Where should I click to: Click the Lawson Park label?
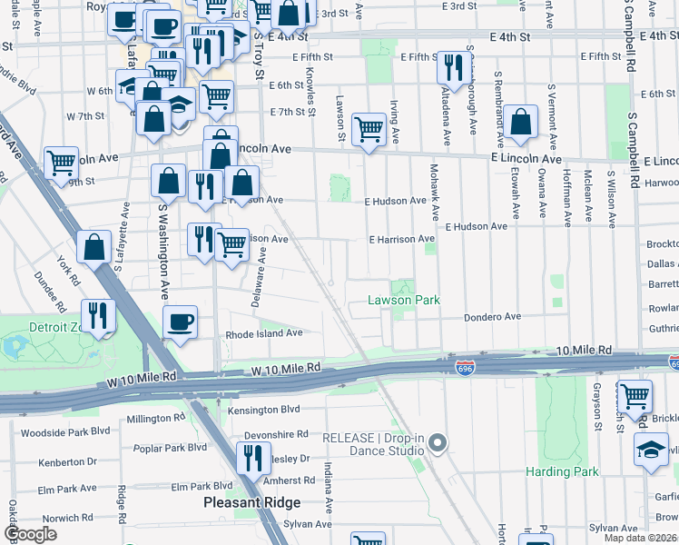[x=403, y=300]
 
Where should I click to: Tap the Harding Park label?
[x=562, y=471]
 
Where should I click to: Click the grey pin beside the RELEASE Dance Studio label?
[x=438, y=443]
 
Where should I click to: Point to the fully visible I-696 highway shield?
[x=464, y=365]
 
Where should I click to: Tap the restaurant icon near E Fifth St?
[x=451, y=67]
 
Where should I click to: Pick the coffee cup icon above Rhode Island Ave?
[x=180, y=322]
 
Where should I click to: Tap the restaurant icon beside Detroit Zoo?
[x=98, y=315]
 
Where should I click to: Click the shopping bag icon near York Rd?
[x=94, y=246]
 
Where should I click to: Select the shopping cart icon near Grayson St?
[x=634, y=396]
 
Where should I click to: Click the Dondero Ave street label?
[x=493, y=317]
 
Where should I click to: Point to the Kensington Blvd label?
[x=264, y=410]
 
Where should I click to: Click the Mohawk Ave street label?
[x=435, y=196]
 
